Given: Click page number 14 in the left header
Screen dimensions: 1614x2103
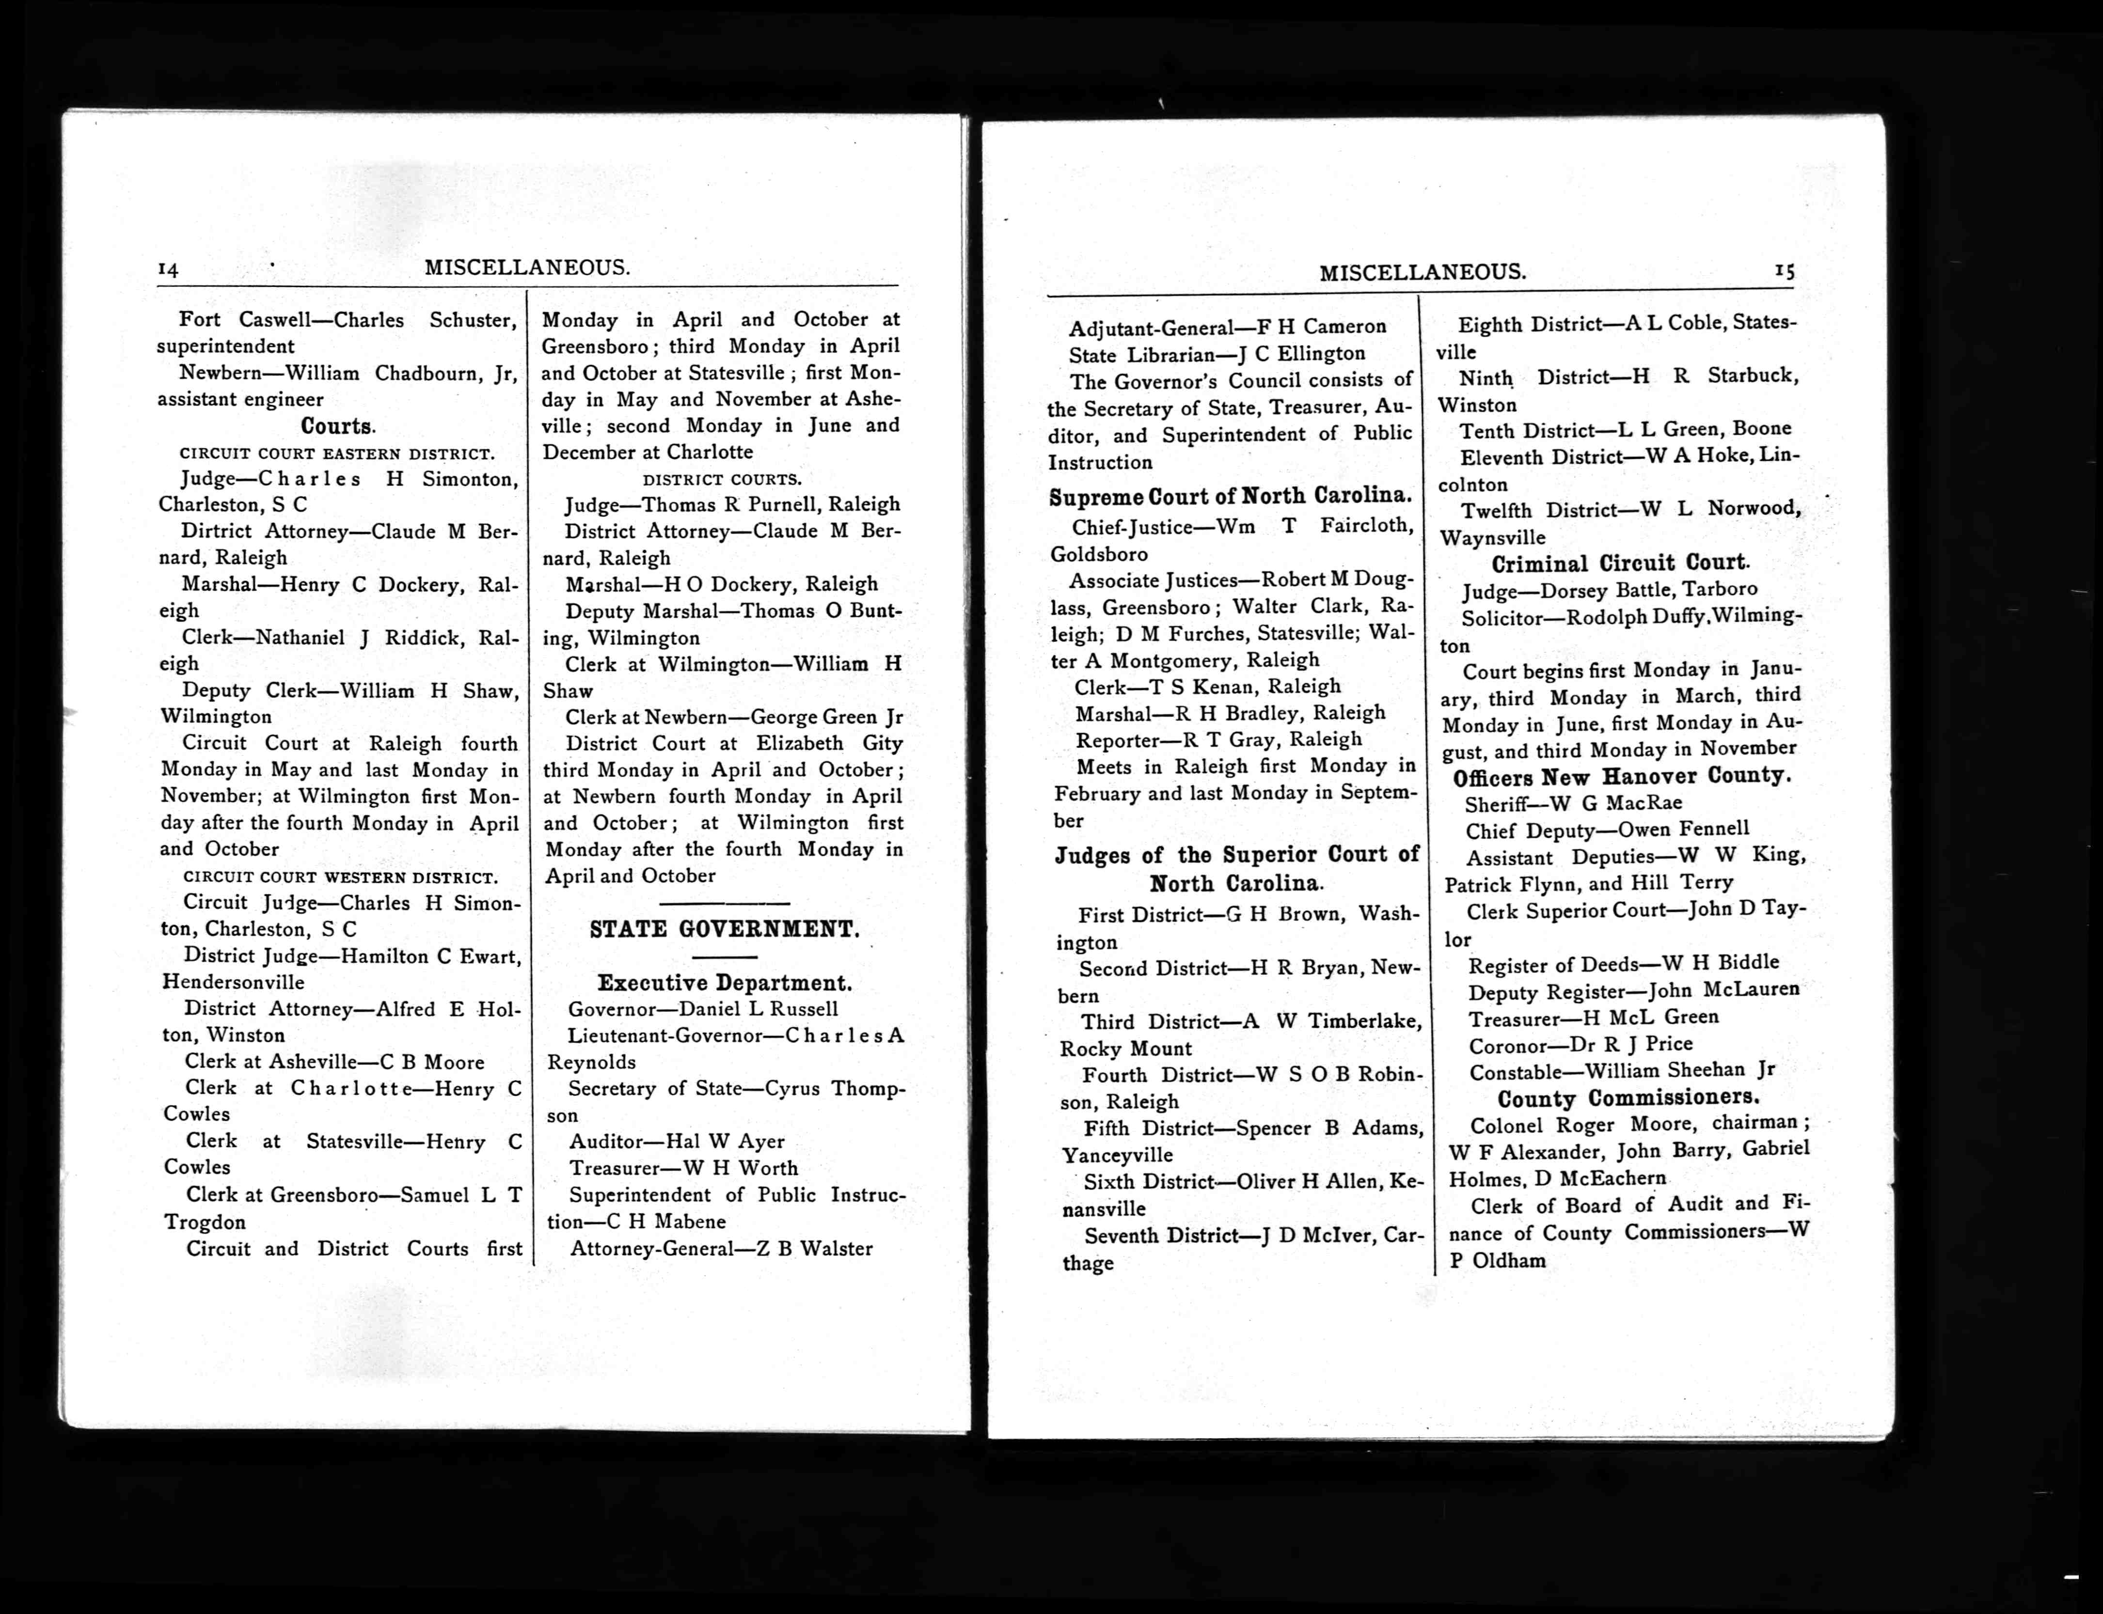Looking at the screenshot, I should pyautogui.click(x=168, y=270).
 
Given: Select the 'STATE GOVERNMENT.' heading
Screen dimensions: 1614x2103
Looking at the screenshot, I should pyautogui.click(x=725, y=929).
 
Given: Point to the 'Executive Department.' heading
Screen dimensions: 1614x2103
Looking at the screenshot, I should pyautogui.click(x=725, y=983).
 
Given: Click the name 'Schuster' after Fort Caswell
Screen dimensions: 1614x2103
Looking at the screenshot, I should pyautogui.click(x=473, y=320).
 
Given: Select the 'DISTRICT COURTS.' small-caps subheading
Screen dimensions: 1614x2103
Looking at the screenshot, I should pyautogui.click(x=722, y=478).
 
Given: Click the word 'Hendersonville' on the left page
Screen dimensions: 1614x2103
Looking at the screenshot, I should pyautogui.click(x=234, y=982).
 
